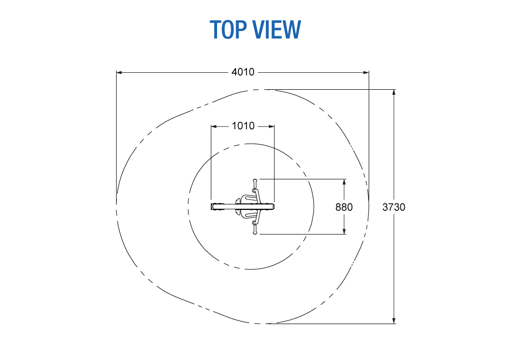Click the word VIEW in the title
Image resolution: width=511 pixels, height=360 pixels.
277,29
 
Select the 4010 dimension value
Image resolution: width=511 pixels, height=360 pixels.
243,72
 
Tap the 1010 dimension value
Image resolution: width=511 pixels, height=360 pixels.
243,126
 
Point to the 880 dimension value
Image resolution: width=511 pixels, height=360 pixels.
344,207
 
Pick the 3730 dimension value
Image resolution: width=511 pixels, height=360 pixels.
394,207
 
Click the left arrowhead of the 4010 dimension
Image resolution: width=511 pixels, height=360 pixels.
119,73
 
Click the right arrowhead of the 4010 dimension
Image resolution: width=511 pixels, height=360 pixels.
366,73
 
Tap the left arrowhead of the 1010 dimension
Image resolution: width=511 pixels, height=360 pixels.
214,126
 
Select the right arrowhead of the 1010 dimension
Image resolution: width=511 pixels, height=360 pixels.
271,126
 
